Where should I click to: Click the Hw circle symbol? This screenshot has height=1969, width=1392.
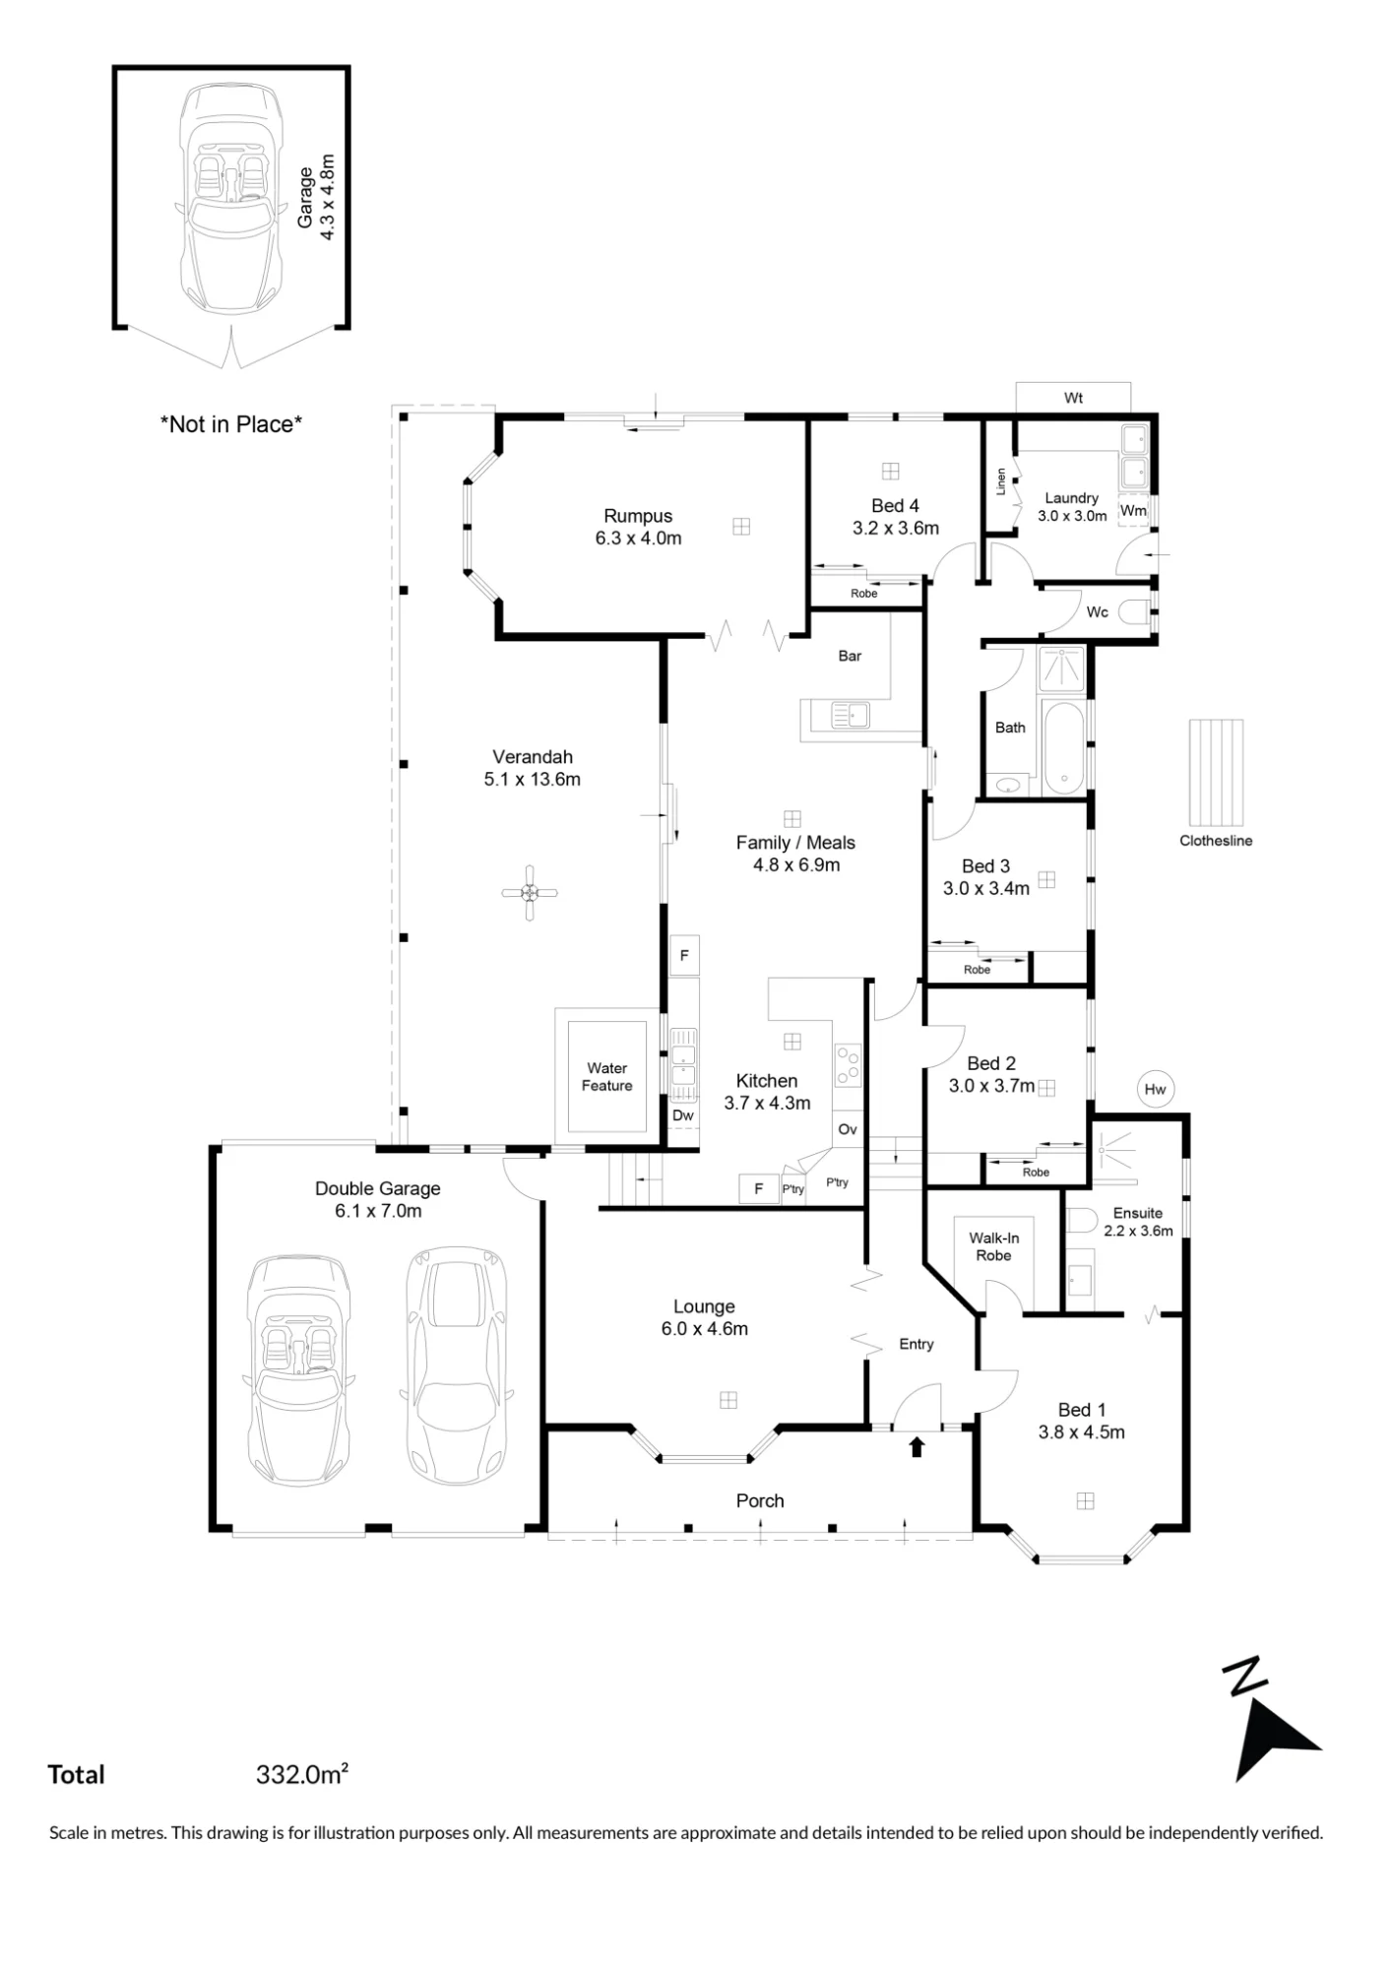(x=1156, y=1089)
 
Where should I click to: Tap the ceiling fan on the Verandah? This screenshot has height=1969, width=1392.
(x=530, y=893)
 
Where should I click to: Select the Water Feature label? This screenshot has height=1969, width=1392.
(x=607, y=1076)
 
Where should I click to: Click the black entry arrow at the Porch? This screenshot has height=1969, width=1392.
(x=917, y=1446)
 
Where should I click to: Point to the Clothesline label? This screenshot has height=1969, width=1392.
(x=1216, y=841)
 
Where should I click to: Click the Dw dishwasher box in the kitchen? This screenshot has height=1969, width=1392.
(x=683, y=1115)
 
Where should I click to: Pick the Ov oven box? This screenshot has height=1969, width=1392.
(x=848, y=1129)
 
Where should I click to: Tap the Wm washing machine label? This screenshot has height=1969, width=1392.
(x=1134, y=511)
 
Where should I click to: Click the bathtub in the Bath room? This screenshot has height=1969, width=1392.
(x=1063, y=748)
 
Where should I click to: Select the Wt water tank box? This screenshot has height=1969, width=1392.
(x=1073, y=398)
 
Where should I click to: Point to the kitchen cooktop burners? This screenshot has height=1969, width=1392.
(x=848, y=1064)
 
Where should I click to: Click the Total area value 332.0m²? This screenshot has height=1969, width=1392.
(x=302, y=1774)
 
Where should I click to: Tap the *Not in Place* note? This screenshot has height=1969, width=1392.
(x=231, y=424)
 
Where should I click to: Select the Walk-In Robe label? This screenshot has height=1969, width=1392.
(x=994, y=1246)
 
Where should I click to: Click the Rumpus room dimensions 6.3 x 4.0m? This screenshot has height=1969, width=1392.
(x=639, y=539)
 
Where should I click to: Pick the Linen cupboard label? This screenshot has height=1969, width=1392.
(x=1001, y=481)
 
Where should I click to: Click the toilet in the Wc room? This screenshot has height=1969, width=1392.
(x=1138, y=612)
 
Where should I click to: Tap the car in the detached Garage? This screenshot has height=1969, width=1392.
(x=230, y=198)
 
